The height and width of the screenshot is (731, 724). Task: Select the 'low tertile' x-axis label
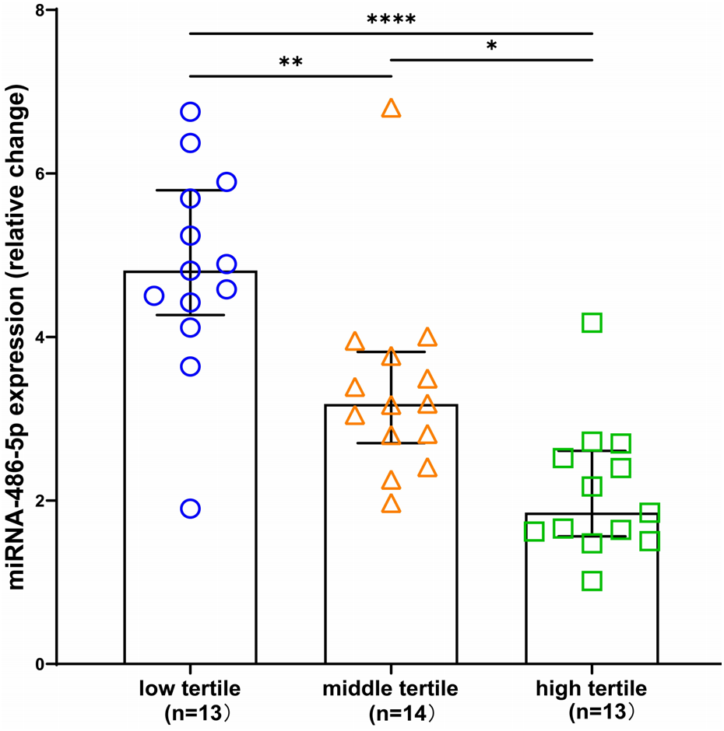[190, 688]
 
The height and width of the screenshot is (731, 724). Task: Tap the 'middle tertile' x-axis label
[391, 688]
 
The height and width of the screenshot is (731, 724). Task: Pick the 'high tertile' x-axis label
[592, 688]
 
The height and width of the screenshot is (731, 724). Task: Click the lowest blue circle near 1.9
[191, 509]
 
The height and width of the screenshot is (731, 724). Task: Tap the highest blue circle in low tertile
[191, 112]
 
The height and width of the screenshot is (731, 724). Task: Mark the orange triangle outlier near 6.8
[391, 109]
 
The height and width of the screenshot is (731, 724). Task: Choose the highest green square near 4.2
[592, 322]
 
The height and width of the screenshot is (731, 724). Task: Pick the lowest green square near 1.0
[592, 581]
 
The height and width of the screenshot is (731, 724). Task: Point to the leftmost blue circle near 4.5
[154, 296]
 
